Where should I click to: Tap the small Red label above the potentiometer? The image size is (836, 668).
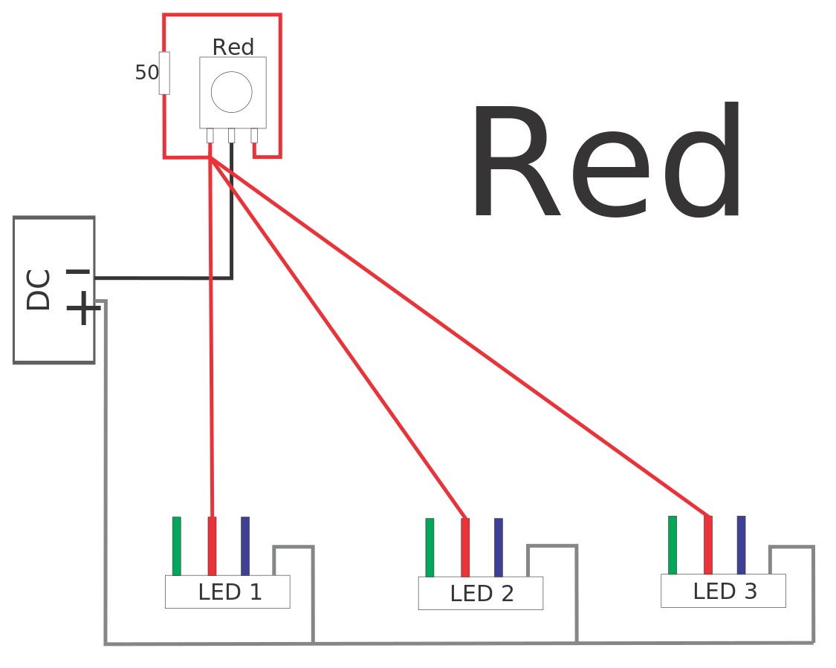(233, 48)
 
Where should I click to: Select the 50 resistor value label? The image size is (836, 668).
(146, 73)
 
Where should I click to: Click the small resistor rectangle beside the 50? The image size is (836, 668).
(164, 73)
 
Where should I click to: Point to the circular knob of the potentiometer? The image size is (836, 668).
(232, 92)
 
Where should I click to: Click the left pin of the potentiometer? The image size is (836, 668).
(210, 135)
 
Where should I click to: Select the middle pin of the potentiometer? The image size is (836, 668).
(232, 135)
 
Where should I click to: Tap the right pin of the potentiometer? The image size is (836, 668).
(254, 135)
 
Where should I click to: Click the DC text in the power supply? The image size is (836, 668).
(39, 289)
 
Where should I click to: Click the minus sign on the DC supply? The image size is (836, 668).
(78, 272)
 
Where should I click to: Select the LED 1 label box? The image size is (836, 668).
(227, 592)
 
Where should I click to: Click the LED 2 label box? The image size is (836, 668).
(481, 593)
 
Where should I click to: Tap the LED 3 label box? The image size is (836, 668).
(723, 591)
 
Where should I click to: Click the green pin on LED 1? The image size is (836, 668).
(177, 546)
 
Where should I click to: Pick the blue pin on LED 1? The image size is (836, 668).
(245, 546)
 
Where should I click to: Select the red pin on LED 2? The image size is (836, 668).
(465, 548)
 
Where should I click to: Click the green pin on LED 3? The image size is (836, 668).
(673, 545)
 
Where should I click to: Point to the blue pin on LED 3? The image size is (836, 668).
(741, 545)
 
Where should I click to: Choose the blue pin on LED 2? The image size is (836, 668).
(499, 548)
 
